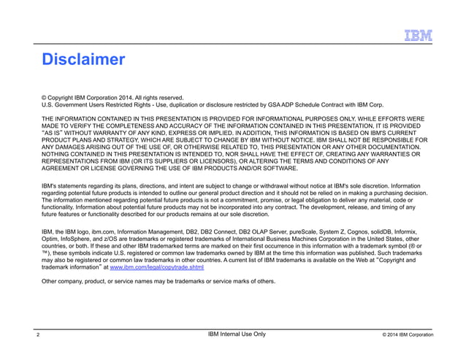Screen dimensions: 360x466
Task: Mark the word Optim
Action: (50, 238)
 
